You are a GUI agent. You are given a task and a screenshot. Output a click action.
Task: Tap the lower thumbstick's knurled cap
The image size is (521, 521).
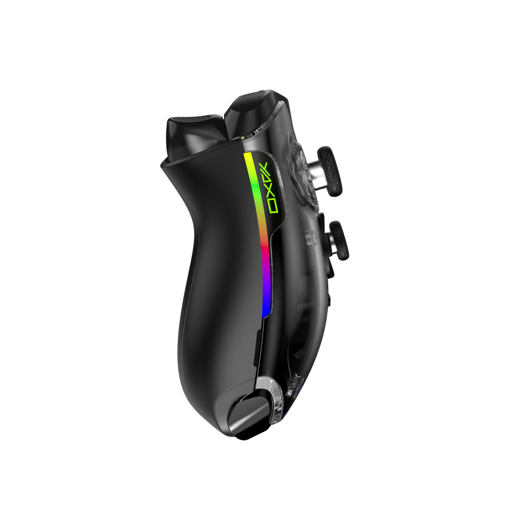(x=339, y=241)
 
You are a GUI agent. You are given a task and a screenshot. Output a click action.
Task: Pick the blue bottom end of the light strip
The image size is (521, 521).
(x=266, y=311)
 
